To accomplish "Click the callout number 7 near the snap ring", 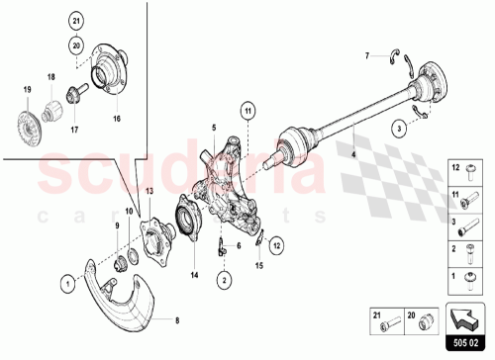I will [365, 54].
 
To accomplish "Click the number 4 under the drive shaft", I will [351, 155].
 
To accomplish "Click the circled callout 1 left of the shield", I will [65, 282].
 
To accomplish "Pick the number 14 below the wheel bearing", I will [194, 274].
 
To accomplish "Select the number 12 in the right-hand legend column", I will [457, 167].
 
